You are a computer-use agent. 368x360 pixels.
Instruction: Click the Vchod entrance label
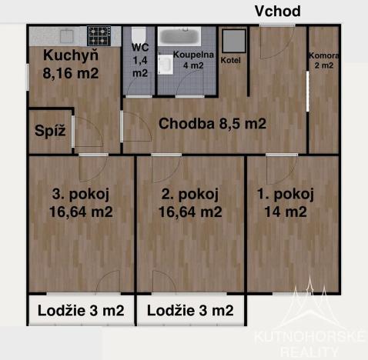277,11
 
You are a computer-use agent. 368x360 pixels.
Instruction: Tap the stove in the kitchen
98,35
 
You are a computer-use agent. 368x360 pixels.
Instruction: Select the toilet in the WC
139,37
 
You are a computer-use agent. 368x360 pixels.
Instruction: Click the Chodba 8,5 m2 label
212,124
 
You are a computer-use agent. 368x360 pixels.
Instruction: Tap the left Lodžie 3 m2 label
81,311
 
